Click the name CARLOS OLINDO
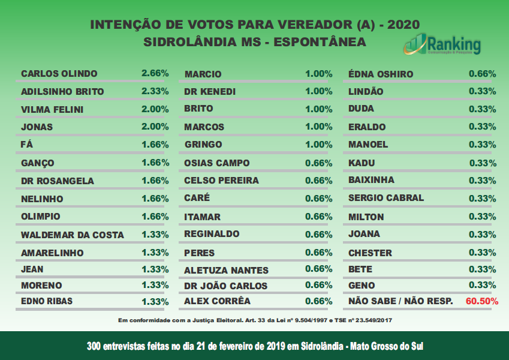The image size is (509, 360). (59, 74)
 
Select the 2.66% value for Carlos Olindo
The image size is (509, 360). (155, 74)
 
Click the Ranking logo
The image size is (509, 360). (442, 44)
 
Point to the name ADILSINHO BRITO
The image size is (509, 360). (62, 92)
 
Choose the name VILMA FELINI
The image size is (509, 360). (52, 110)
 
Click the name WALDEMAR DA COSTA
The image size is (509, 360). (72, 235)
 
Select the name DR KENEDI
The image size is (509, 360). (210, 92)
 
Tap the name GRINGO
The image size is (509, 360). (203, 145)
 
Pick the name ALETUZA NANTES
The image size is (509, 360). (226, 270)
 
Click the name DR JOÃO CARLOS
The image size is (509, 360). (225, 286)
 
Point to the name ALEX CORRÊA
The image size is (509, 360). (217, 301)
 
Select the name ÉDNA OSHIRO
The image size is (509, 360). (381, 74)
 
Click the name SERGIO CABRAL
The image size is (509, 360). (385, 197)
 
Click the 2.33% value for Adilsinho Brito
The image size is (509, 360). (155, 92)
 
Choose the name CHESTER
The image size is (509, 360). (370, 253)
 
